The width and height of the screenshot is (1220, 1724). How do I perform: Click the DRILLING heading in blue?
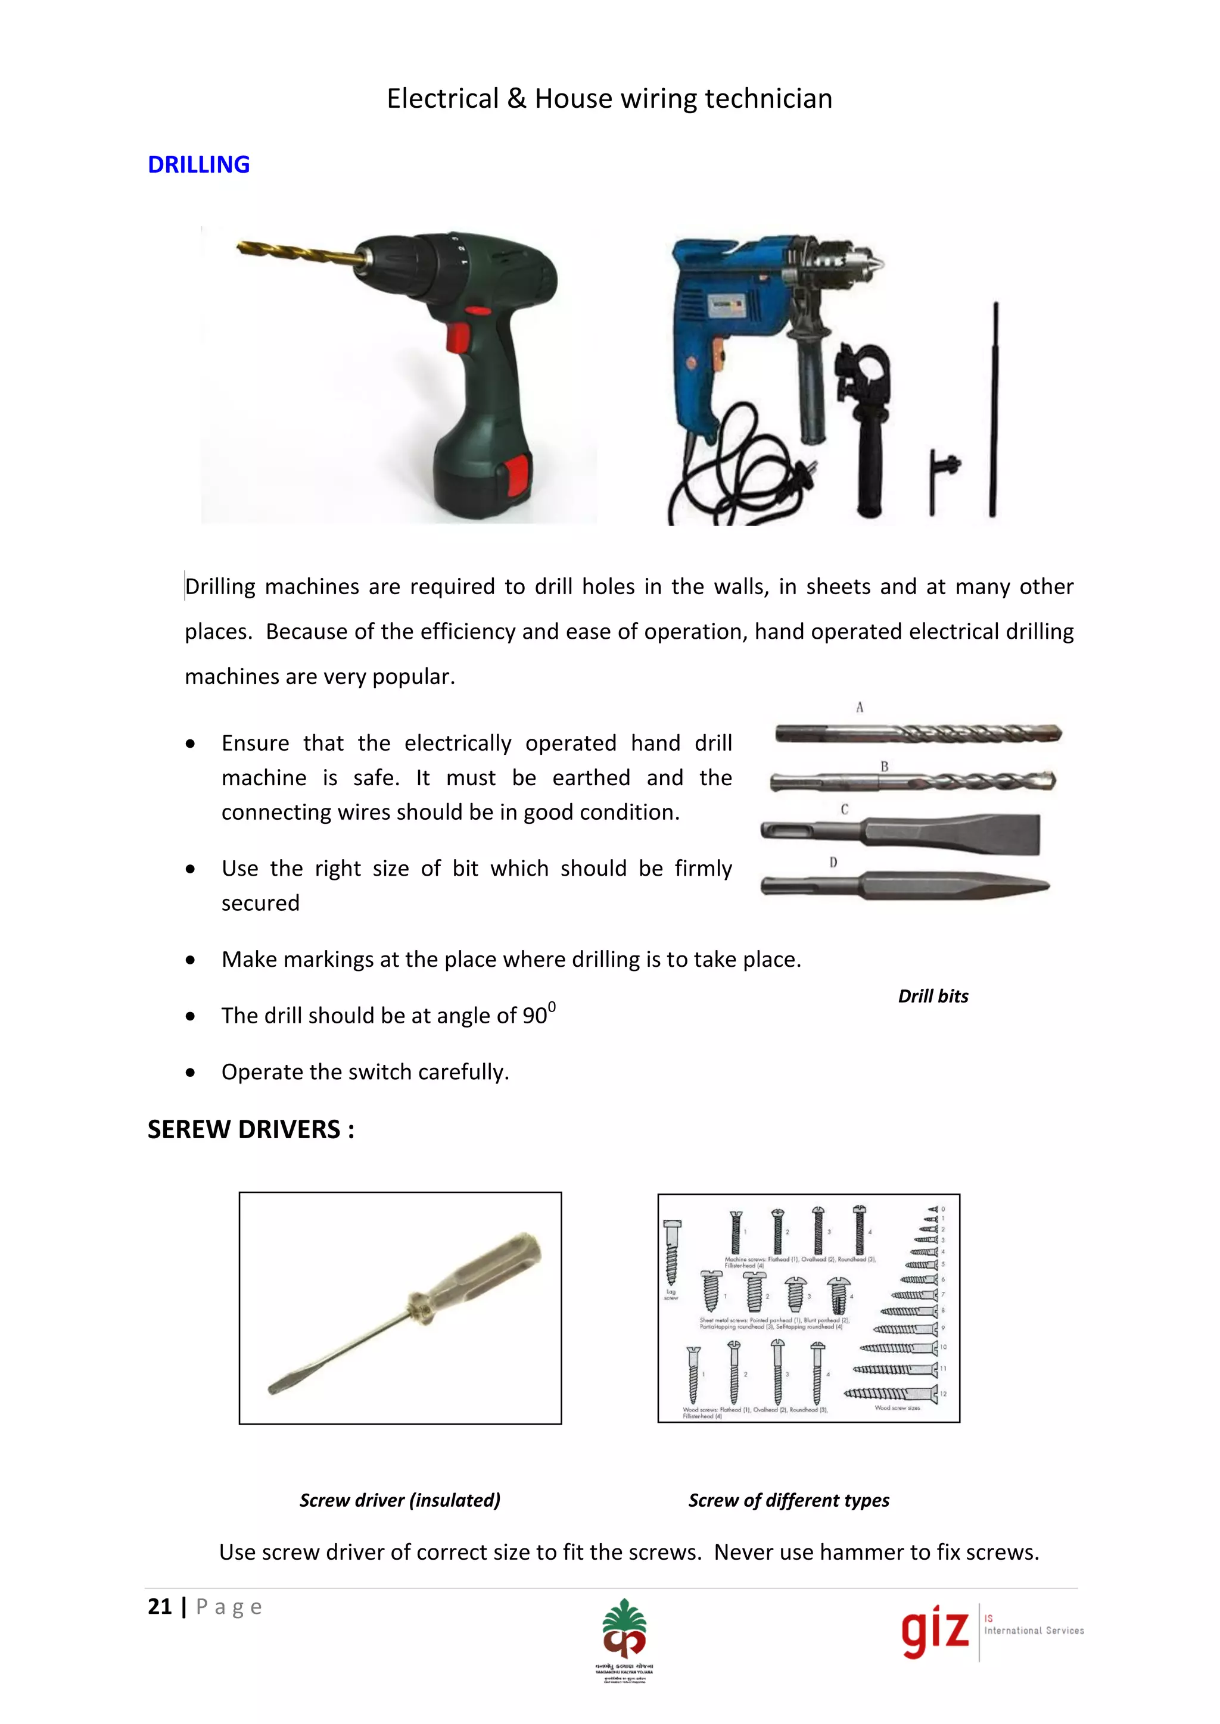tap(198, 164)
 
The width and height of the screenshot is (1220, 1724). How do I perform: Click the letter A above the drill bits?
tap(860, 707)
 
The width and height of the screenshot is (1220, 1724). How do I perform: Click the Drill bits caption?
tap(933, 997)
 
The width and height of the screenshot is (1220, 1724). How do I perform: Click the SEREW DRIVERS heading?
tap(250, 1129)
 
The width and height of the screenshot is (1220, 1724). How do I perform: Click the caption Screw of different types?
tap(788, 1500)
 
